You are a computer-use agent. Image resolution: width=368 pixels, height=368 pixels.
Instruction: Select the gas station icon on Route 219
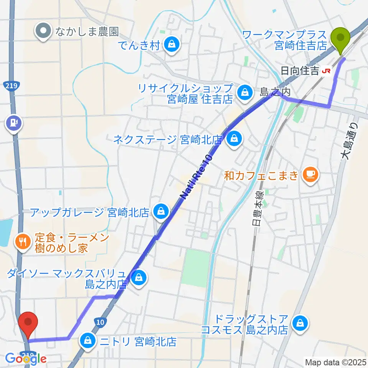coord(13,123)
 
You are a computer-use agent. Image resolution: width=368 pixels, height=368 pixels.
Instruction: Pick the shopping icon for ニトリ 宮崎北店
coord(88,340)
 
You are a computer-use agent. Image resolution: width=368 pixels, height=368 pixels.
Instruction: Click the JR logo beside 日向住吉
coord(327,71)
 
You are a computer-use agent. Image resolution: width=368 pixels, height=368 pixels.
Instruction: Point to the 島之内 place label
coord(275,92)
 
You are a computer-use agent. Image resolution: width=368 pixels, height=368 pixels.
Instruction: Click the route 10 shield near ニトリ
coord(99,322)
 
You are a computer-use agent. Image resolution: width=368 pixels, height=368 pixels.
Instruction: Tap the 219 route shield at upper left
coord(11,86)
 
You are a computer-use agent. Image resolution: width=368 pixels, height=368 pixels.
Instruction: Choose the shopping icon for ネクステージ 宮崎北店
coord(233,140)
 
